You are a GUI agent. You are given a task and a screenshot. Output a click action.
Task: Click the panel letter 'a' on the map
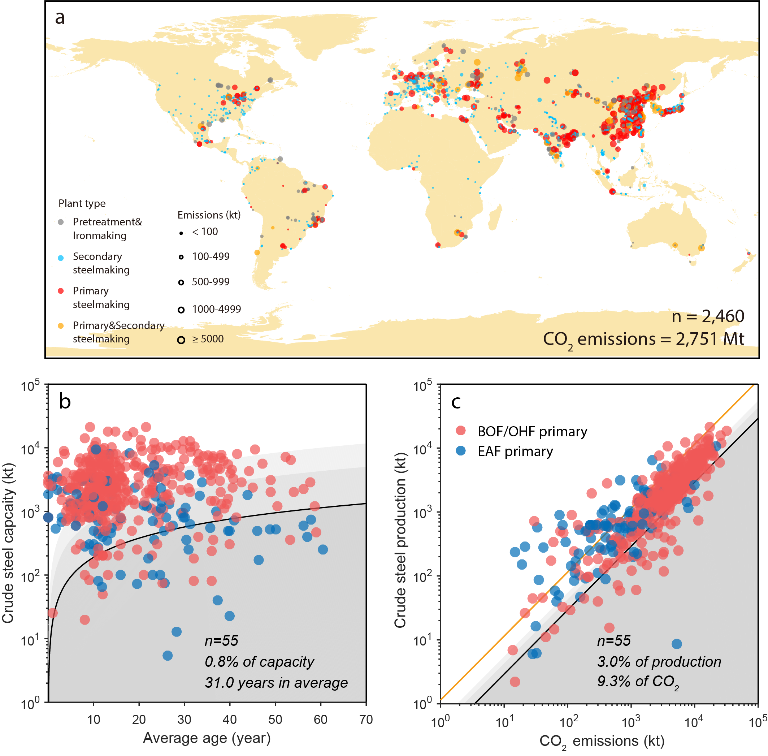click(x=60, y=18)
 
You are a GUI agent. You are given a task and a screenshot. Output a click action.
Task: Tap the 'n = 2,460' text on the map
click(x=707, y=316)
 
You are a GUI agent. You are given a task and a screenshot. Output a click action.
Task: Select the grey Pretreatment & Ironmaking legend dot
click(x=61, y=222)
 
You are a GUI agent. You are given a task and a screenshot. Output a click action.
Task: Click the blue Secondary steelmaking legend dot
click(x=61, y=258)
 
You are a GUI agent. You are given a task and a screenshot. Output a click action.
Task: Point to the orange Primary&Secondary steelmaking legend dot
click(x=61, y=326)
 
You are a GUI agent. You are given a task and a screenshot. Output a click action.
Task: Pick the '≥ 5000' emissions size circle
click(x=181, y=340)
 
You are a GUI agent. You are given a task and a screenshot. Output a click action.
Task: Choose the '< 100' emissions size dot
click(x=181, y=233)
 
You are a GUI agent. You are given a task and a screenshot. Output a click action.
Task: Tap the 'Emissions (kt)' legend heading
click(x=209, y=215)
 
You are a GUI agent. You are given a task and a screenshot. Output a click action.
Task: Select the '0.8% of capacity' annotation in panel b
click(x=259, y=661)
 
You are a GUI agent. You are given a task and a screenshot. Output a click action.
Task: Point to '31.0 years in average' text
click(x=276, y=683)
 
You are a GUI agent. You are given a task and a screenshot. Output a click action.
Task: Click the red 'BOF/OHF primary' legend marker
click(x=460, y=431)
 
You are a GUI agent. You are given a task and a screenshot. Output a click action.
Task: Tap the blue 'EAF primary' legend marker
click(x=460, y=451)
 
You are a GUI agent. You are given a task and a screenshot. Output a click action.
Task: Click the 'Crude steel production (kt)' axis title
click(x=400, y=540)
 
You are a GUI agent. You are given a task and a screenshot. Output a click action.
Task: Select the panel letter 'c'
click(x=456, y=402)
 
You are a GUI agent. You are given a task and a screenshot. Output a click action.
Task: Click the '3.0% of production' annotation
click(x=659, y=661)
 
